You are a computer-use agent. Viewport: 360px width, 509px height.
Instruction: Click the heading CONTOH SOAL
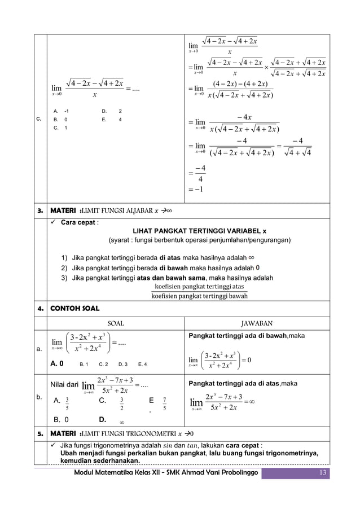[75, 309]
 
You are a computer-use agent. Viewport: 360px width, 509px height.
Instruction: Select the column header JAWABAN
[257, 323]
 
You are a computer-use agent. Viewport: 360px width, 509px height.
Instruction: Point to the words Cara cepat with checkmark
[76, 222]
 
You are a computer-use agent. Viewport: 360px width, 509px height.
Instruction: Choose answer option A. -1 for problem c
[61, 111]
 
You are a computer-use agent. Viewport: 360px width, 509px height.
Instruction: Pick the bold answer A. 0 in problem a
[57, 364]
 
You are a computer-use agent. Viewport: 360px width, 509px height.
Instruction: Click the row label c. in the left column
[39, 119]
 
